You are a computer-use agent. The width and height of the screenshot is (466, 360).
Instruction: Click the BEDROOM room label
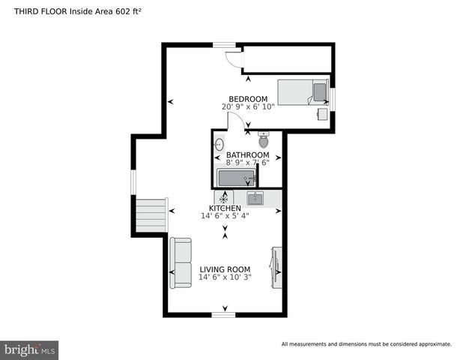tap(248, 99)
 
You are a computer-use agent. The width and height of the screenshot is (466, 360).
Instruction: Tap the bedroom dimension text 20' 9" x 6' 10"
tap(248, 106)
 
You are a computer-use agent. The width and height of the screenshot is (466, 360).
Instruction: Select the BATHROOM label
tap(248, 155)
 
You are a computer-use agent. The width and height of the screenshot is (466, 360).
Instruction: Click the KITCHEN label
tap(225, 208)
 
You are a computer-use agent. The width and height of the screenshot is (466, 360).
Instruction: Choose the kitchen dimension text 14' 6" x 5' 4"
tap(225, 216)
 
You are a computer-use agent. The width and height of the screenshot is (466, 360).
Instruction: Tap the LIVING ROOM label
tap(225, 269)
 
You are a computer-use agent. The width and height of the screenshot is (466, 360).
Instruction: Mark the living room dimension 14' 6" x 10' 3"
tap(225, 277)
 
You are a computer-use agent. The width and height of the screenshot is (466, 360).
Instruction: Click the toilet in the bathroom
tap(264, 140)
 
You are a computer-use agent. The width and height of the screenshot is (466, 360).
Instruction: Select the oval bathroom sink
tap(220, 144)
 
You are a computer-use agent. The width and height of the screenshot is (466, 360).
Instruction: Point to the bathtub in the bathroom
tap(236, 178)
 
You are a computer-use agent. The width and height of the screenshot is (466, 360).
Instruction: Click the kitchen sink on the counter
tap(255, 198)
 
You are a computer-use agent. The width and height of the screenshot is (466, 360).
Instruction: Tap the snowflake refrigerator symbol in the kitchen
tap(223, 198)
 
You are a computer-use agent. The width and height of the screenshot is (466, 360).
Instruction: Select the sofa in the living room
tap(181, 263)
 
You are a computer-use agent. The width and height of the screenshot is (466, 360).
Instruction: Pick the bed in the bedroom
tap(303, 92)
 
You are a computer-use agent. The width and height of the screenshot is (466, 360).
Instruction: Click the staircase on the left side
tap(151, 215)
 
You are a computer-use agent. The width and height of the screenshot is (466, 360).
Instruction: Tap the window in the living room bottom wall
tap(223, 314)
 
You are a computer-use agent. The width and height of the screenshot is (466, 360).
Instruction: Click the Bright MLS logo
tap(30, 349)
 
